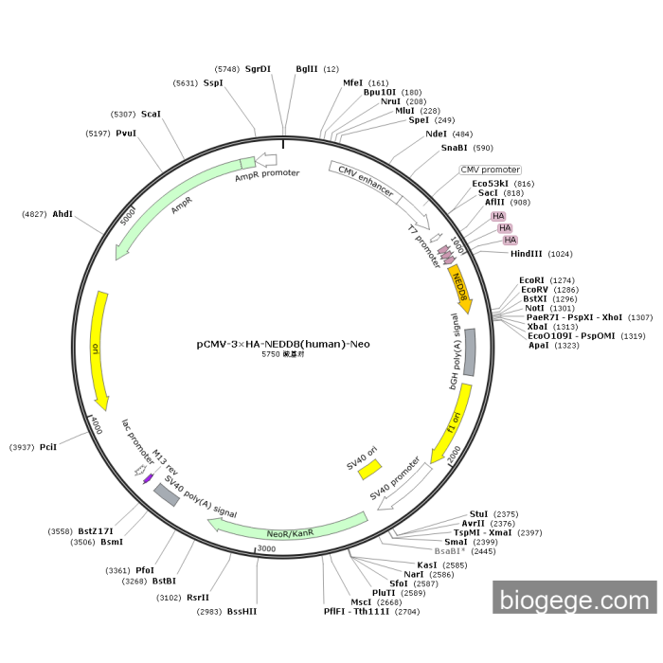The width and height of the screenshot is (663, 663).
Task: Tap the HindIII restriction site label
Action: point(528,254)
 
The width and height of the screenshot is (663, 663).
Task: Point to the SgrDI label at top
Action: point(258,69)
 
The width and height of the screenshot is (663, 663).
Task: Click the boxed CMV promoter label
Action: point(491,170)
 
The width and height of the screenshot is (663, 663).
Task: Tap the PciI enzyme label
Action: point(48,446)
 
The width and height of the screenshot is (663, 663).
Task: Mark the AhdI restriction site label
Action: point(63,214)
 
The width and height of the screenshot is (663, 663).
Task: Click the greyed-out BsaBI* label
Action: point(450,550)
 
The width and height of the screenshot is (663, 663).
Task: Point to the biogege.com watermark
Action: point(575,599)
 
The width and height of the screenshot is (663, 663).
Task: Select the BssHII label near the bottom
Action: point(242,612)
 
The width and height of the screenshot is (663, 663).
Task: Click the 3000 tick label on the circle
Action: point(265,548)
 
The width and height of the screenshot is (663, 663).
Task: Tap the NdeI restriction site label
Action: point(437,134)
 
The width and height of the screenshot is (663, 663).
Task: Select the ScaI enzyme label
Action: point(152,114)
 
